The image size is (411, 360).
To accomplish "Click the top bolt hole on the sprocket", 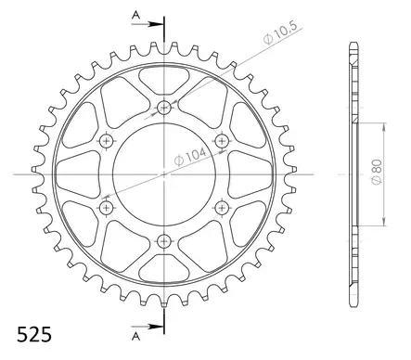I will pyautogui.click(x=165, y=107).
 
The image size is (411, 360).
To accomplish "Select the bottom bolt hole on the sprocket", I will pyautogui.click(x=165, y=241).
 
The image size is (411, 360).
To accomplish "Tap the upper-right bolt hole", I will pyautogui.click(x=223, y=140).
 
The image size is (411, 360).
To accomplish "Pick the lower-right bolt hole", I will pyautogui.click(x=223, y=208).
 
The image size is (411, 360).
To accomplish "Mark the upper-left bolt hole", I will pyautogui.click(x=107, y=140).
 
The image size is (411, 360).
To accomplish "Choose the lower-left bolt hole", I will pyautogui.click(x=107, y=208).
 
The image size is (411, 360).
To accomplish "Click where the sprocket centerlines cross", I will pyautogui.click(x=165, y=174).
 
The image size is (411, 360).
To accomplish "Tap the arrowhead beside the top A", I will pyautogui.click(x=158, y=26).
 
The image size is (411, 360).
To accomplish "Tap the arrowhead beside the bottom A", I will pyautogui.click(x=158, y=324).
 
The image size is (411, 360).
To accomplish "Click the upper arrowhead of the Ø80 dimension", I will pyautogui.click(x=384, y=126).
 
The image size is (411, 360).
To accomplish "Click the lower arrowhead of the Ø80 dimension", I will pyautogui.click(x=384, y=223).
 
